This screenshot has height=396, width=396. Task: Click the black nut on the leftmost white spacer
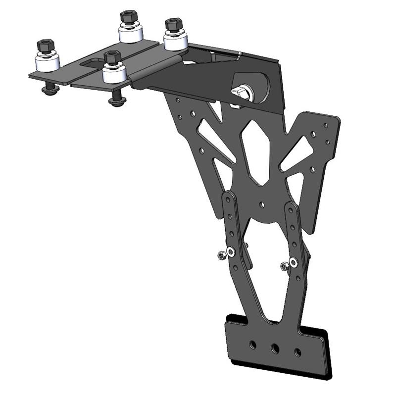[x=45, y=46]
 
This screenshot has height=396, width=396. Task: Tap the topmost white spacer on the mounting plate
[x=131, y=33]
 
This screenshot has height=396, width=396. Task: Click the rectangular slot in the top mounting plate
[x=94, y=63]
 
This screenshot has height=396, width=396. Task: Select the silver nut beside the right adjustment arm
[x=284, y=266]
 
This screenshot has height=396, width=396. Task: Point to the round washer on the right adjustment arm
[x=294, y=262]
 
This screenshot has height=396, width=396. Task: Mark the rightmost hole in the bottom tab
[x=297, y=352]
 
